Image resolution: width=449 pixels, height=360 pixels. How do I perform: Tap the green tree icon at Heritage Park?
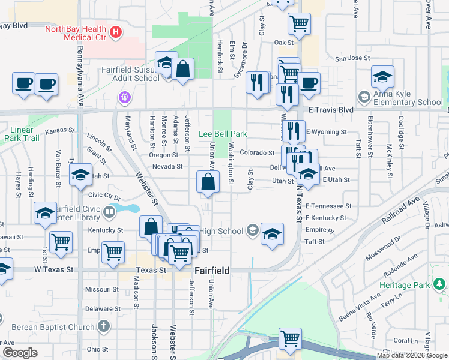tap(440, 282)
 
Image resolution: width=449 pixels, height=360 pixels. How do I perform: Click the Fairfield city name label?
tap(211, 271)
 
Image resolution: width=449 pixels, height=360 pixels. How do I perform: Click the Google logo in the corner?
tap(20, 353)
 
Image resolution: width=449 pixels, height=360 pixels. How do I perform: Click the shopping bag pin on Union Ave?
tap(207, 182)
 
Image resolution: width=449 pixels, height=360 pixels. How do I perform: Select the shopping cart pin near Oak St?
tap(298, 24)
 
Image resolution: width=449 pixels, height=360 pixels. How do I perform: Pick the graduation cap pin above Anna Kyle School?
tap(382, 76)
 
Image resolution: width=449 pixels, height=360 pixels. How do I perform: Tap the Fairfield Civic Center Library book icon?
tap(109, 211)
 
